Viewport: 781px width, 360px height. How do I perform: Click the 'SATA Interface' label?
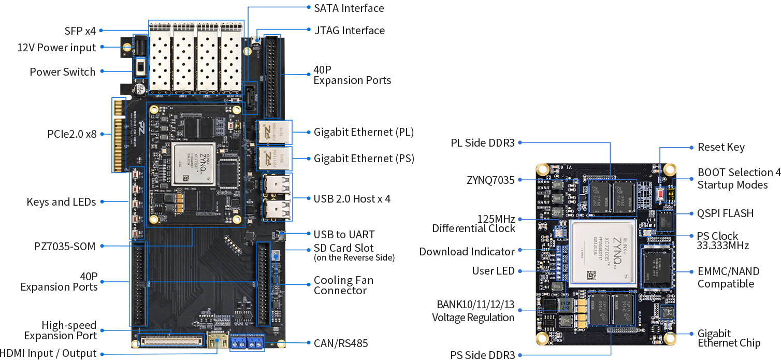click(x=349, y=8)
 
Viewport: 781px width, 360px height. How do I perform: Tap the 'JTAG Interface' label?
click(x=349, y=31)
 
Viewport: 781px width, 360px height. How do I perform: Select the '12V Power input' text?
click(x=56, y=48)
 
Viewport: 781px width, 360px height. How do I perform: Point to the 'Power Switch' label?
click(x=62, y=72)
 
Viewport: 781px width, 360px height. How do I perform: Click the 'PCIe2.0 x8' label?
click(x=72, y=134)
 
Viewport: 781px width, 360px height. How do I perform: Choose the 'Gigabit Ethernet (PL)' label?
click(x=364, y=132)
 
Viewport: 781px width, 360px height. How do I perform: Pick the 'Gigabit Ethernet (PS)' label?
click(x=364, y=159)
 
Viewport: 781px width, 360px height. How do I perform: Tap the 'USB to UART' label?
click(x=344, y=235)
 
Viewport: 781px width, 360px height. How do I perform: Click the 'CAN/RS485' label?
click(x=341, y=343)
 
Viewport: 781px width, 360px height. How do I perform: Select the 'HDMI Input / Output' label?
click(x=48, y=354)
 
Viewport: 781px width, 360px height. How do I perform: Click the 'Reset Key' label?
click(x=721, y=148)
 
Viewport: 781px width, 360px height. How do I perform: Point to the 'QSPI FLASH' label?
click(x=725, y=213)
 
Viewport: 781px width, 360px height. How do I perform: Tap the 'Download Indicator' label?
click(x=467, y=252)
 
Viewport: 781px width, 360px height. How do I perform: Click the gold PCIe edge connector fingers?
click(x=119, y=136)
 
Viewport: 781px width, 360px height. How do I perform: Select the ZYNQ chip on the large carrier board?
click(x=194, y=164)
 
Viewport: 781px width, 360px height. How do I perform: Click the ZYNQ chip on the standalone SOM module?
click(x=602, y=253)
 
